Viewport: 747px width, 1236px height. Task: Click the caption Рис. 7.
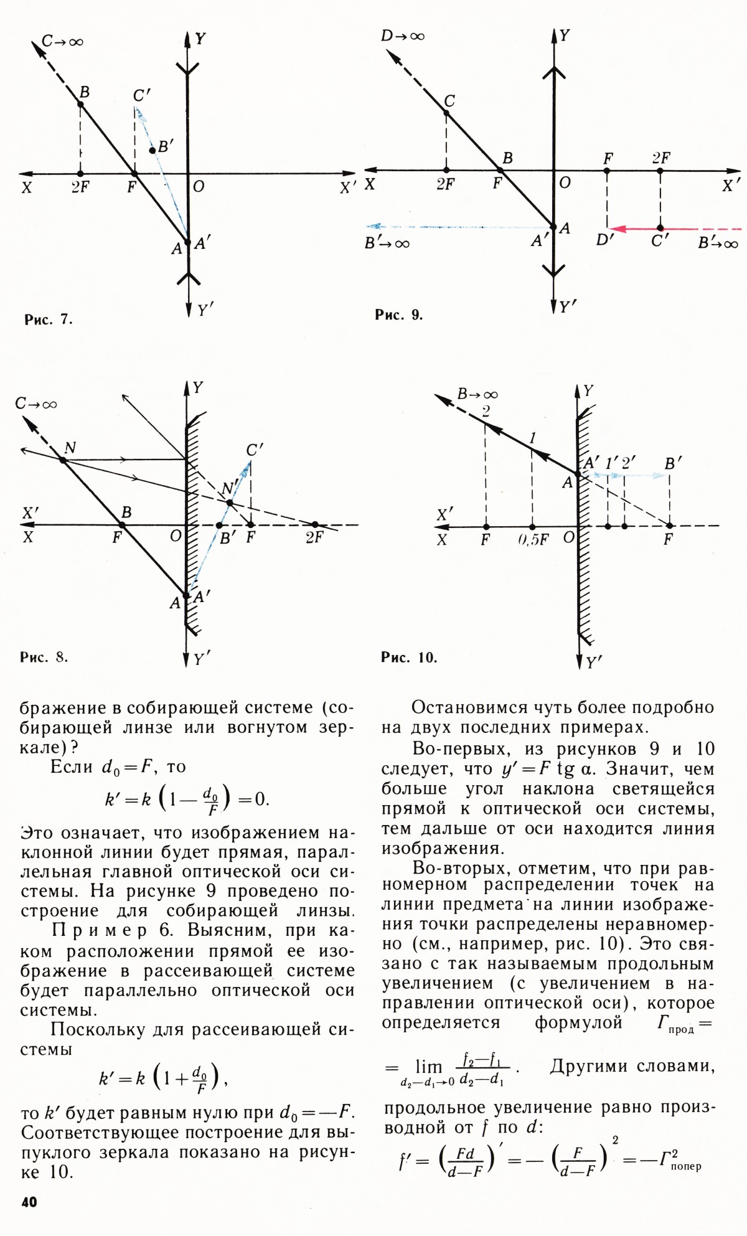click(49, 320)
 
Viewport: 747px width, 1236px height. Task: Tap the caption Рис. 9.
click(398, 315)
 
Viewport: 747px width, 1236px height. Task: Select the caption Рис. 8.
click(44, 658)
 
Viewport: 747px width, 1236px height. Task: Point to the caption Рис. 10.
click(409, 658)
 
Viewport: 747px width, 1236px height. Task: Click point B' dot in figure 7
click(153, 151)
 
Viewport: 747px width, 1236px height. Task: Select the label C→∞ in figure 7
click(62, 42)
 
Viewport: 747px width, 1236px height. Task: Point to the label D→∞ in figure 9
click(403, 36)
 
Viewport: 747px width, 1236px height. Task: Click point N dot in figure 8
click(62, 460)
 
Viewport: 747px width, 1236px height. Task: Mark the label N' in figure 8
click(230, 489)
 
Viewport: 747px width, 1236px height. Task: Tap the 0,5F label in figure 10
click(533, 540)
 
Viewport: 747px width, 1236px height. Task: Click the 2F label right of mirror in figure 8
click(314, 537)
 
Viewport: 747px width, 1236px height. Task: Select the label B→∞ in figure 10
click(477, 394)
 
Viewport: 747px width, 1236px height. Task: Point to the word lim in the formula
click(428, 1067)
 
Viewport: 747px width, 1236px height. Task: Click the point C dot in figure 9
click(446, 113)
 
